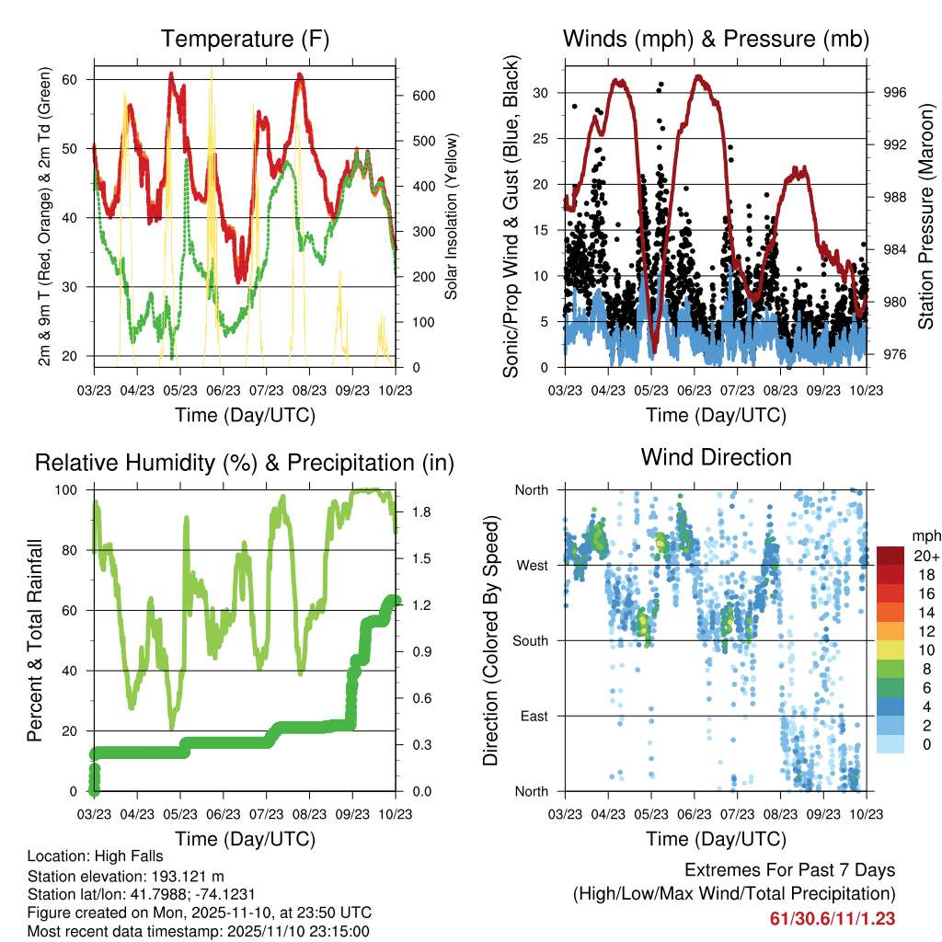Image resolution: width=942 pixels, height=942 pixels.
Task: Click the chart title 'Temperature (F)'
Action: click(x=245, y=40)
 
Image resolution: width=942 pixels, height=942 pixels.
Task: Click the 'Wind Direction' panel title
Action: click(x=716, y=457)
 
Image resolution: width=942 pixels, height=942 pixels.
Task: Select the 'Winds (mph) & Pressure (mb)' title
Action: click(x=716, y=40)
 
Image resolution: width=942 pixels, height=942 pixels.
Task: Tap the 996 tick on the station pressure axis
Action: click(x=894, y=92)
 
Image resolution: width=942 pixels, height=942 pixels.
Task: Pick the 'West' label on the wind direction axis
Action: click(x=531, y=565)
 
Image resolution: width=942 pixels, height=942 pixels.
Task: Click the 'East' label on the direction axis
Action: click(x=534, y=716)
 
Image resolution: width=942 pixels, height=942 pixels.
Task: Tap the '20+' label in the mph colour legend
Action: click(x=925, y=556)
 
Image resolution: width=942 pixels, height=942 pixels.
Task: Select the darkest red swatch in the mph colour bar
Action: click(x=890, y=556)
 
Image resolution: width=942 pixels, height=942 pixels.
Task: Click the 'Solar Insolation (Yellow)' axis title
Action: click(x=452, y=217)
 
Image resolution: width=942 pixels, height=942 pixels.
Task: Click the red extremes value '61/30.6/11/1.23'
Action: click(x=832, y=918)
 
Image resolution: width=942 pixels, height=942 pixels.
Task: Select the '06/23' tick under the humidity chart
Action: click(x=224, y=813)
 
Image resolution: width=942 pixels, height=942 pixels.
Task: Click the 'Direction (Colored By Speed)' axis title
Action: click(x=490, y=640)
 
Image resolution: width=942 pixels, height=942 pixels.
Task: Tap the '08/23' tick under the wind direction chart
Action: click(x=780, y=813)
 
